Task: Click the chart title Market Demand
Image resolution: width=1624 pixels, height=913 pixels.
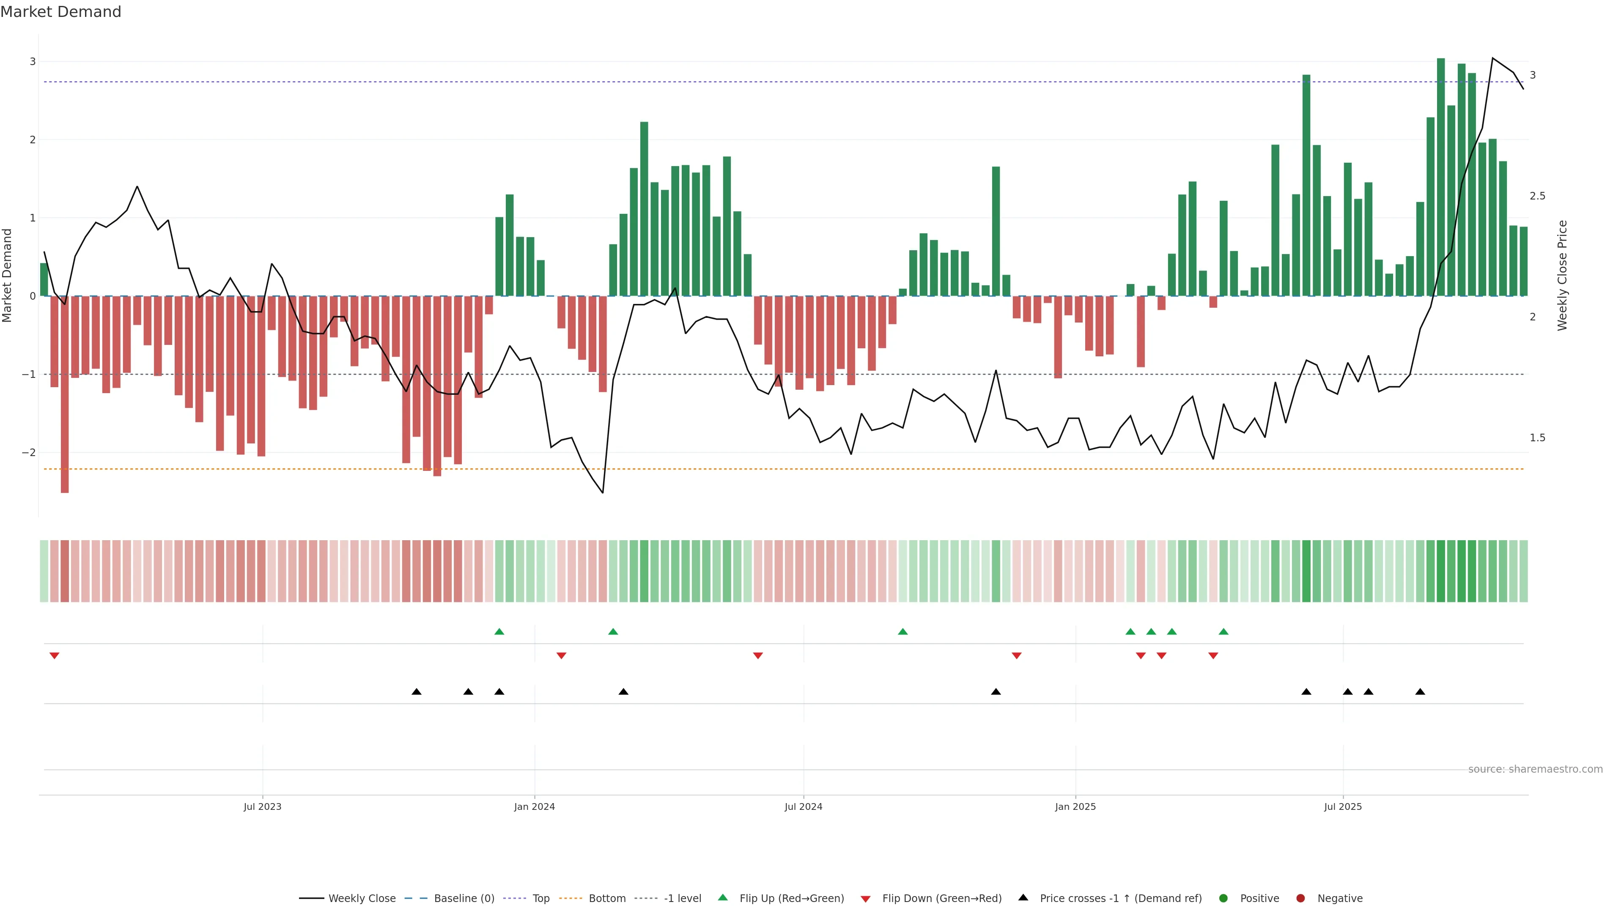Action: coord(60,12)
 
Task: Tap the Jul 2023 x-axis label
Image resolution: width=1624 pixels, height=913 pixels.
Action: coord(262,806)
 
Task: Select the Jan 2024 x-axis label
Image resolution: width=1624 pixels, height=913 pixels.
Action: coord(534,806)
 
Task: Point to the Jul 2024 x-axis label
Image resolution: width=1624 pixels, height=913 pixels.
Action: coord(803,806)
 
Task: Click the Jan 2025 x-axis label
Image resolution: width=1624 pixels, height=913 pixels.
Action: coord(1075,806)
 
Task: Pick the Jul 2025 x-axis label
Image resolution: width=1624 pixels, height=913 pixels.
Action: coord(1343,806)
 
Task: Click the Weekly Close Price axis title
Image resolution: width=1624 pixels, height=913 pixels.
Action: coord(1562,275)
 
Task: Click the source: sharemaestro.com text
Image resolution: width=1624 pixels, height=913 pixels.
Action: coord(1535,769)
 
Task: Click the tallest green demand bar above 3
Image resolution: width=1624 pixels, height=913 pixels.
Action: coord(1440,176)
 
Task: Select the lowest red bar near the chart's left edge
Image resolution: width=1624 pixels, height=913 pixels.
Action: coord(64,394)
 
